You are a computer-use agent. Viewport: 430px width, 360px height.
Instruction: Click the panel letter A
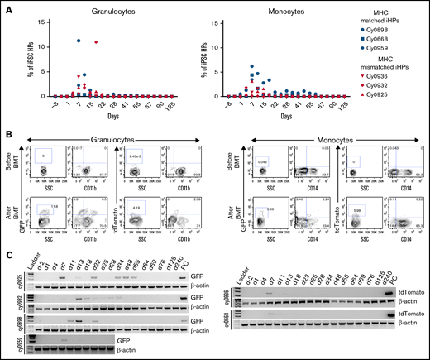click(x=5, y=5)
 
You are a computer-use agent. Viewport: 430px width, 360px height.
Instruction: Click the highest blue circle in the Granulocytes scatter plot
click(x=79, y=40)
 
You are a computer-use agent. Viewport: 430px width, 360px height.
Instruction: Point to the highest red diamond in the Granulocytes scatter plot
click(x=97, y=42)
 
